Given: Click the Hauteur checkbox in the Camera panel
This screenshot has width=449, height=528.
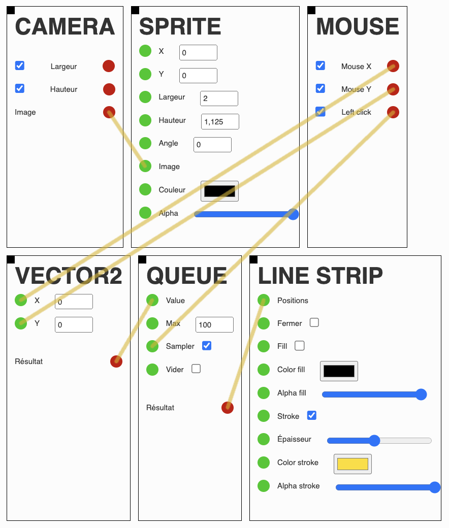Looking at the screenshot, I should pyautogui.click(x=20, y=89).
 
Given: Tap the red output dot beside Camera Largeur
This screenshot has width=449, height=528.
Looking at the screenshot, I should pyautogui.click(x=109, y=66).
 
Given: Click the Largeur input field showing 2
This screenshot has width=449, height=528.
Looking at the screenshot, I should pyautogui.click(x=219, y=98).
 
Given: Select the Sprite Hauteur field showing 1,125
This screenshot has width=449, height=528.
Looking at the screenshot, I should pyautogui.click(x=220, y=122).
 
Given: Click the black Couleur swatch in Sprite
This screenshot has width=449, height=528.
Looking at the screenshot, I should pyautogui.click(x=219, y=191).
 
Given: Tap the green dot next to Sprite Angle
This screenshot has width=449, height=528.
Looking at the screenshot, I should pyautogui.click(x=145, y=144).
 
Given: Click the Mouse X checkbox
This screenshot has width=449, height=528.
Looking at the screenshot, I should pyautogui.click(x=320, y=65).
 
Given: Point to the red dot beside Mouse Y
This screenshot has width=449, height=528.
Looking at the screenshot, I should pyautogui.click(x=393, y=89).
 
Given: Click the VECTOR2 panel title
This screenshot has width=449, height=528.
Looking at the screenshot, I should pyautogui.click(x=69, y=276).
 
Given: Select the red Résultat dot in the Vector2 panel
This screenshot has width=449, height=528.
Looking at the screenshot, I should pyautogui.click(x=116, y=361).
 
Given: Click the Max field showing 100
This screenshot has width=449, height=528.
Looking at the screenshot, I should pyautogui.click(x=214, y=324).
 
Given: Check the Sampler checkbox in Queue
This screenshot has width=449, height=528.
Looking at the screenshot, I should pyautogui.click(x=207, y=346).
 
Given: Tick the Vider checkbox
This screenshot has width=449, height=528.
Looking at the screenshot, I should pyautogui.click(x=196, y=369).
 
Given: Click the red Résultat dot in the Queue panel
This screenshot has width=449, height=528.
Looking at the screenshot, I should pyautogui.click(x=228, y=408).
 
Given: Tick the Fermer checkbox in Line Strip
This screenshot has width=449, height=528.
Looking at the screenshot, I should pyautogui.click(x=314, y=322).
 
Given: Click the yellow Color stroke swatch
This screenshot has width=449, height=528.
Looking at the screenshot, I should pyautogui.click(x=352, y=464).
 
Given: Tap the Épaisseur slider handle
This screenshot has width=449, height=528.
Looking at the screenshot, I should pyautogui.click(x=374, y=440).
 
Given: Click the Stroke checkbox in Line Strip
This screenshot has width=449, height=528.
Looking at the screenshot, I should pyautogui.click(x=312, y=416).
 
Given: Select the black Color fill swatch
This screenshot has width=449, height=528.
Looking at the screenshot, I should pyautogui.click(x=339, y=371).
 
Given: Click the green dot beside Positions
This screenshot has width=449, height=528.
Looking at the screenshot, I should pyautogui.click(x=264, y=301).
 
